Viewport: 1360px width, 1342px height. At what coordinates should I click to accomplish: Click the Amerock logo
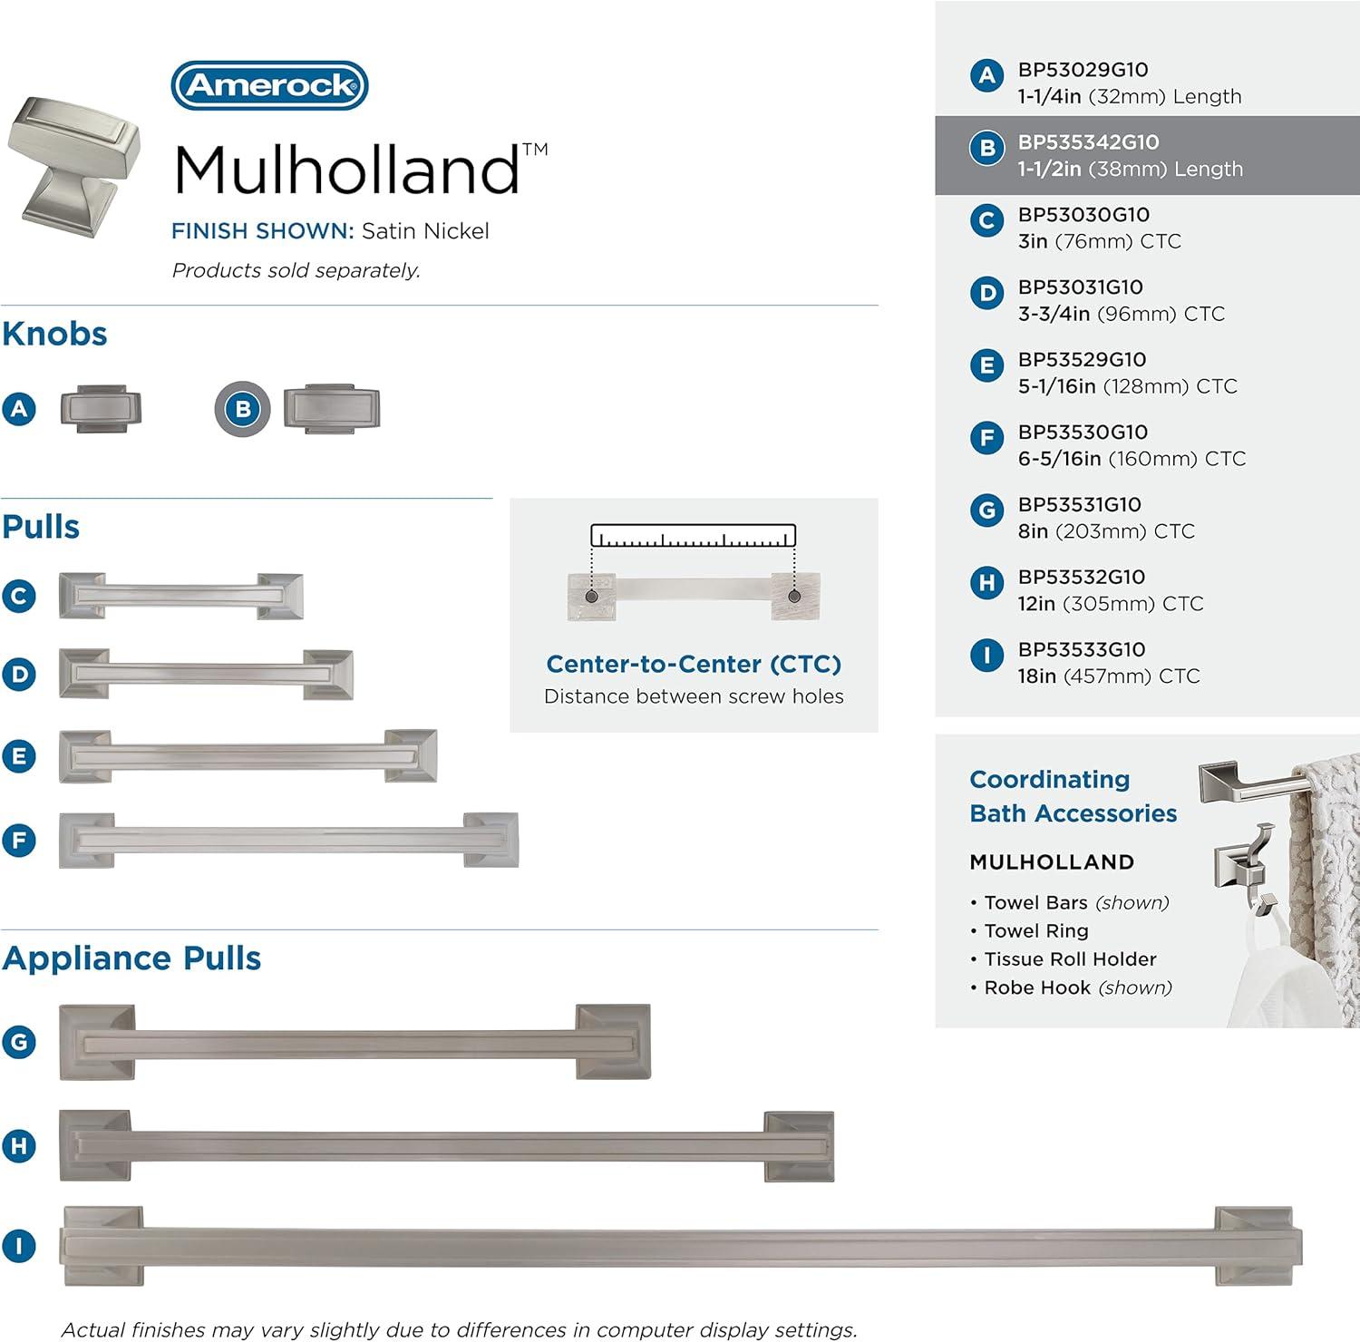(x=269, y=85)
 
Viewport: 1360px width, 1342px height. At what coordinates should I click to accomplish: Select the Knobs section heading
(x=54, y=334)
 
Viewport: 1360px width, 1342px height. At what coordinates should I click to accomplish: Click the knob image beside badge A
(x=102, y=409)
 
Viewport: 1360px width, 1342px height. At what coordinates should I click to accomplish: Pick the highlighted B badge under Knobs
(x=243, y=409)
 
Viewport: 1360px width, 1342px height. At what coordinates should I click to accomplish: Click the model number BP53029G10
(x=1083, y=70)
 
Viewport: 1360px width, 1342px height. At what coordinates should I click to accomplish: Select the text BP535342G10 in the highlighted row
(x=1088, y=142)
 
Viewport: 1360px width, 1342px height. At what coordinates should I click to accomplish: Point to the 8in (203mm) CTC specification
(x=1106, y=531)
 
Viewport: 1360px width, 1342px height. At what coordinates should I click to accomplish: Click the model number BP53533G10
(x=1082, y=650)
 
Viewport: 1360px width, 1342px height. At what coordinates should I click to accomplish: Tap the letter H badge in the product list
(x=986, y=583)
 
